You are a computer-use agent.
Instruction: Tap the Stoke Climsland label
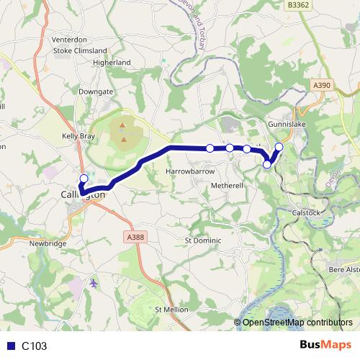coord(81,51)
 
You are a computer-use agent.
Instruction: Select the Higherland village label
coord(112,63)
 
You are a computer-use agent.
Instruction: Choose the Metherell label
coord(229,185)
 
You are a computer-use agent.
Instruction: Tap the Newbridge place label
coord(48,243)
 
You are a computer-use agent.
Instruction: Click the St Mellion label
coord(171,309)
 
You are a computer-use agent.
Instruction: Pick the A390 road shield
coord(322,86)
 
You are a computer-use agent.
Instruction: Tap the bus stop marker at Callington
coord(84,179)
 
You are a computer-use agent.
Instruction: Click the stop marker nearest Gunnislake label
coord(279,148)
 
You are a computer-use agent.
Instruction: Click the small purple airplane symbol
coord(94,282)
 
